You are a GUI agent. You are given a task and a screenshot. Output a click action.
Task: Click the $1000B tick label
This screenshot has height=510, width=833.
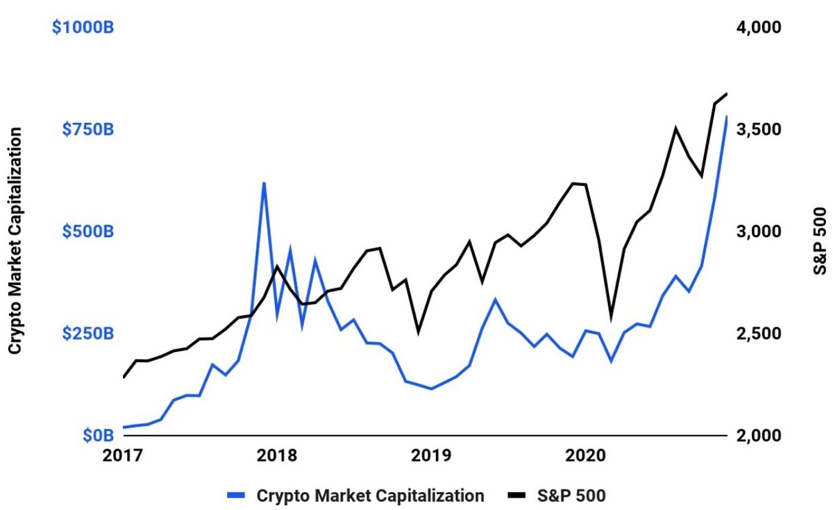(x=83, y=28)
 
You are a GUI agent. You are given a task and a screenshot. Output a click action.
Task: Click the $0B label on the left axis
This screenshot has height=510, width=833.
(x=98, y=435)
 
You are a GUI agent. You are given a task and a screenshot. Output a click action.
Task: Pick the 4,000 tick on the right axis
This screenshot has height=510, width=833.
(x=761, y=28)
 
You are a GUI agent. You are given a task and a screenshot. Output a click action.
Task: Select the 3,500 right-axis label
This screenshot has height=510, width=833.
(x=761, y=130)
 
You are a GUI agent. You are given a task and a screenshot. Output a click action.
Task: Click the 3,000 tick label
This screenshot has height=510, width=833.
(x=761, y=231)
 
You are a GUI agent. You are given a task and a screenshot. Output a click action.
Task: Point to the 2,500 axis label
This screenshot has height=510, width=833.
(x=761, y=334)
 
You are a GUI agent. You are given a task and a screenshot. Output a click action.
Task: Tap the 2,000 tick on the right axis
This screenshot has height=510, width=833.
(x=761, y=435)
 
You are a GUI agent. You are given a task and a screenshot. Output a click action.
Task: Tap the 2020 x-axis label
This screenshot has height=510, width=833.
(x=585, y=455)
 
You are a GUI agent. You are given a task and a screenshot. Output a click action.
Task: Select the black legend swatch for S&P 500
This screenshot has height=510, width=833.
(x=518, y=495)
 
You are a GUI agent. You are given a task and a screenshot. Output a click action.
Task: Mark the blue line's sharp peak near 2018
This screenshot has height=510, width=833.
(x=264, y=182)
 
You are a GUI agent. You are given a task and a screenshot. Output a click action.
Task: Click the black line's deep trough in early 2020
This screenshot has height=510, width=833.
(x=612, y=318)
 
